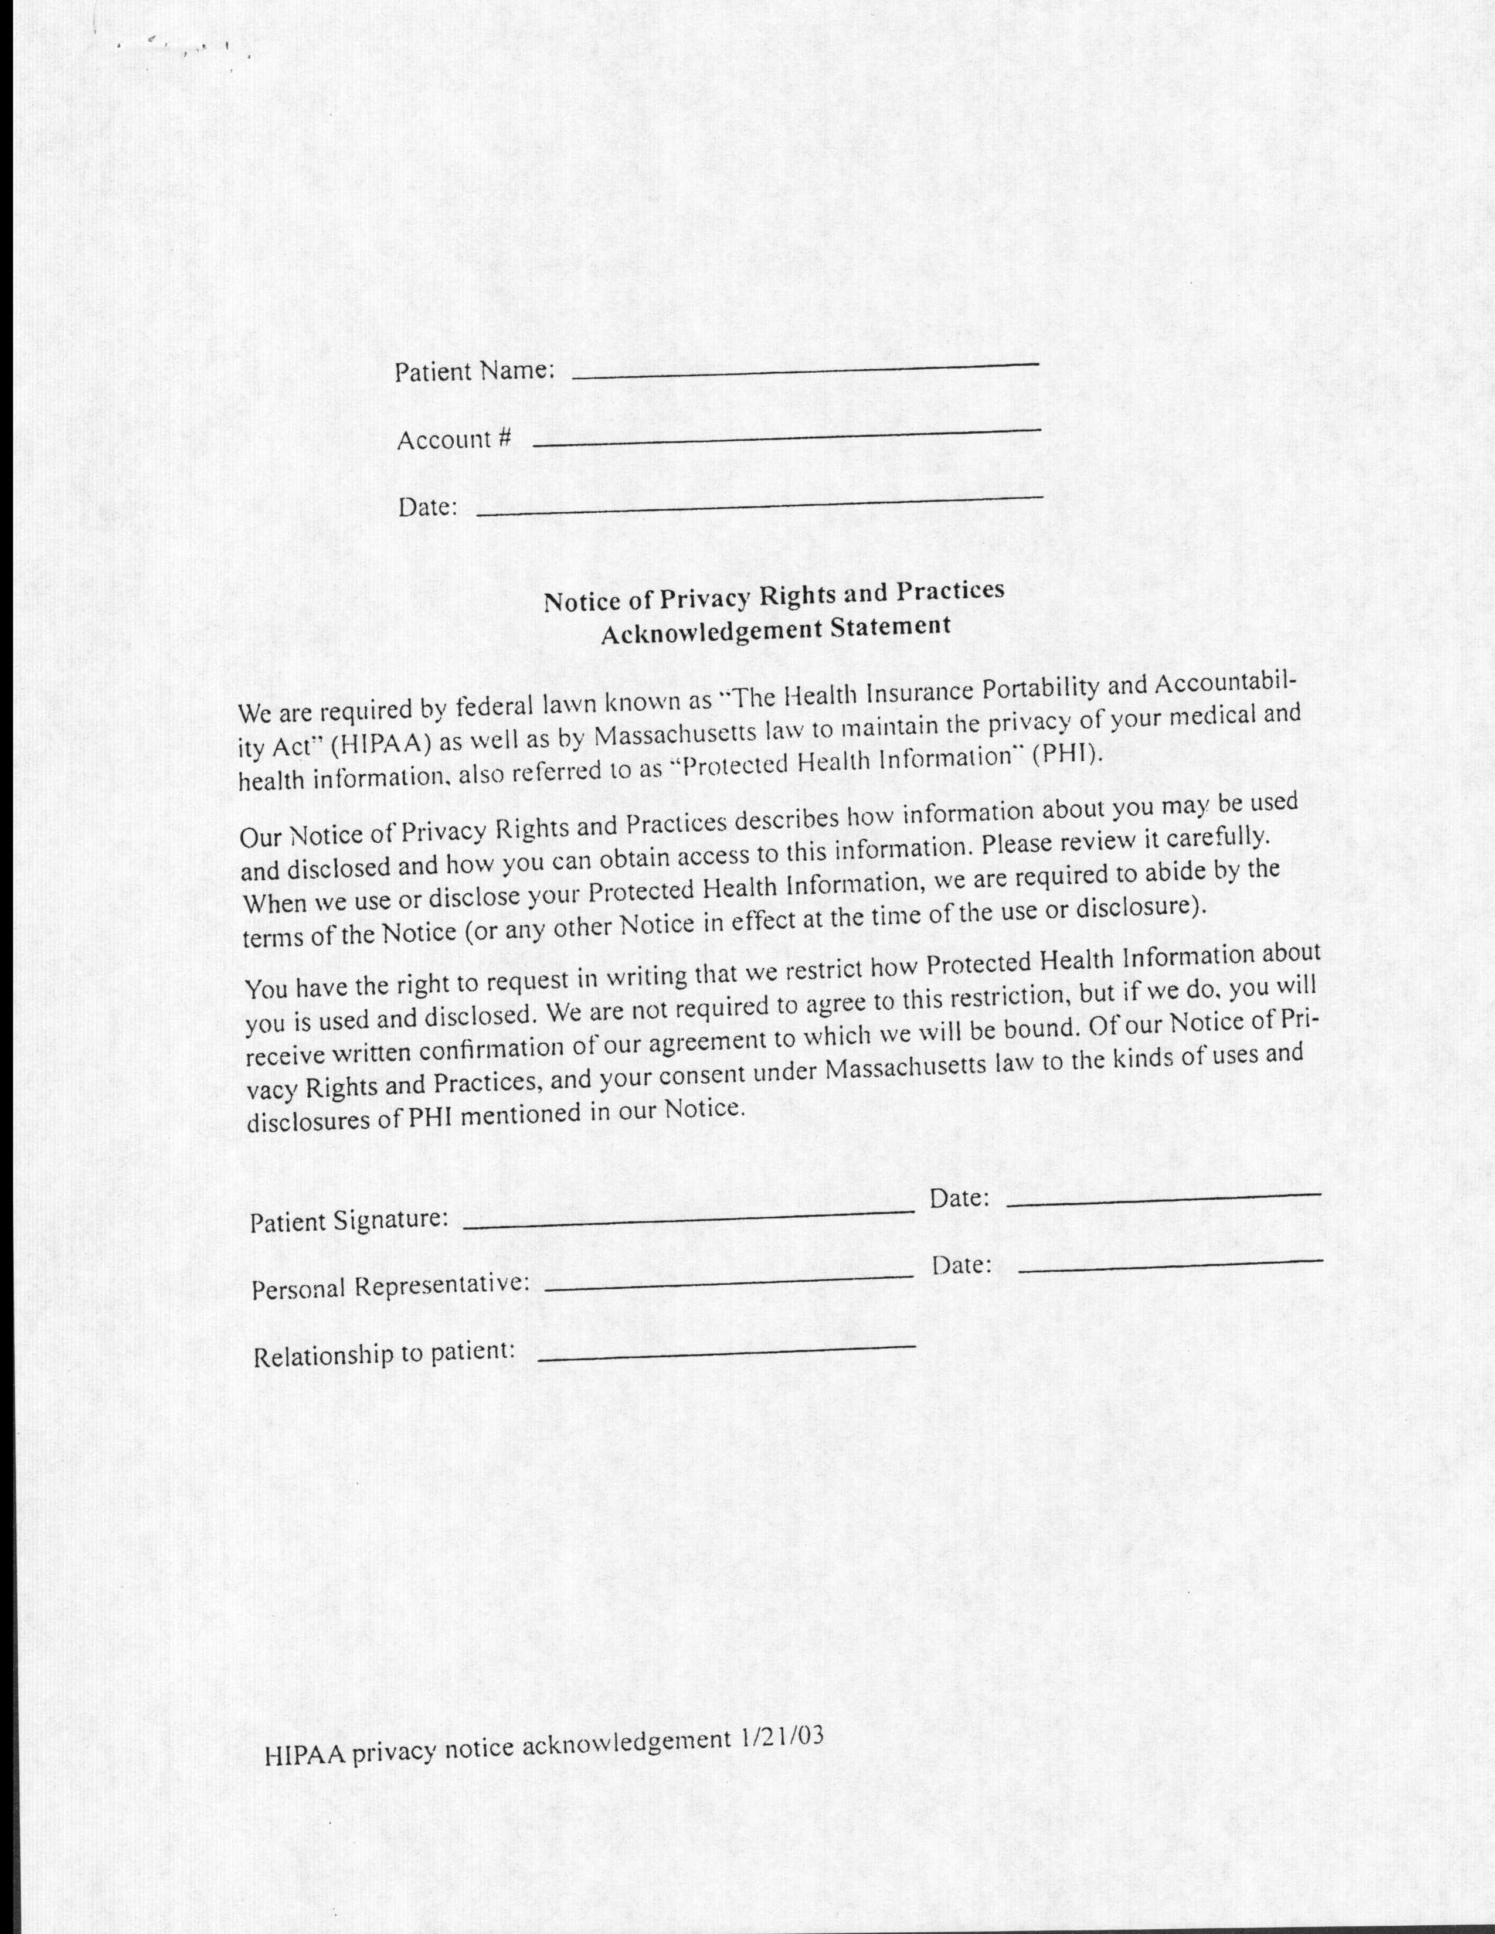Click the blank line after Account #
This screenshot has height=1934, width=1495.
(x=786, y=437)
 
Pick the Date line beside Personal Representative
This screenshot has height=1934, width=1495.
(x=1170, y=1265)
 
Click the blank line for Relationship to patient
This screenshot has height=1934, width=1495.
(x=726, y=1350)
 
